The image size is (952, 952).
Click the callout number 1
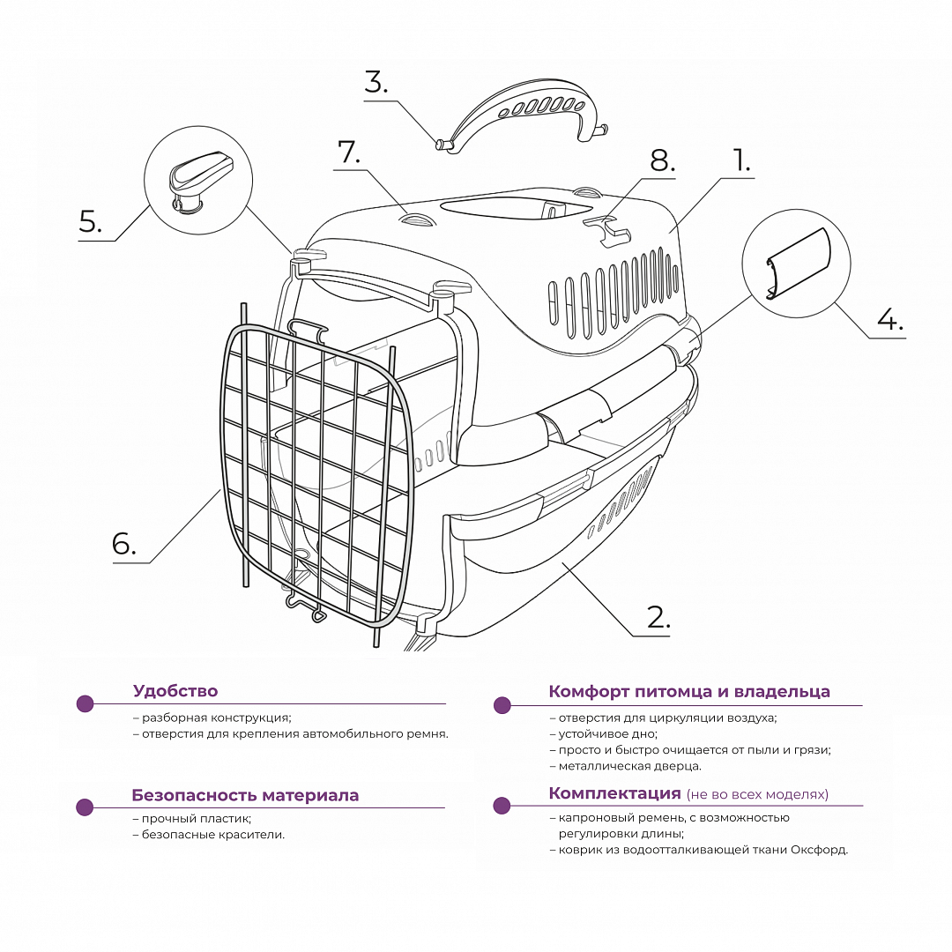[741, 160]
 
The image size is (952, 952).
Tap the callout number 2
[658, 617]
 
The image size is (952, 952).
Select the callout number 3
[376, 82]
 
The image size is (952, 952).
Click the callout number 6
[123, 544]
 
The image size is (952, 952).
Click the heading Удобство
[175, 691]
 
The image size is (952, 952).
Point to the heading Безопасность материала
[245, 795]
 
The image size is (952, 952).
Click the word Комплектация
[614, 793]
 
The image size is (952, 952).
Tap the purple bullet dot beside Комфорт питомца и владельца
[502, 705]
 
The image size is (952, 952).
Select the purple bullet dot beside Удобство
[85, 703]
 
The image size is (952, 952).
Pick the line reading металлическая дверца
[629, 766]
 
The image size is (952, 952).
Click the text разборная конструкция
[216, 718]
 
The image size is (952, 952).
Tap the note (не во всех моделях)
[757, 794]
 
